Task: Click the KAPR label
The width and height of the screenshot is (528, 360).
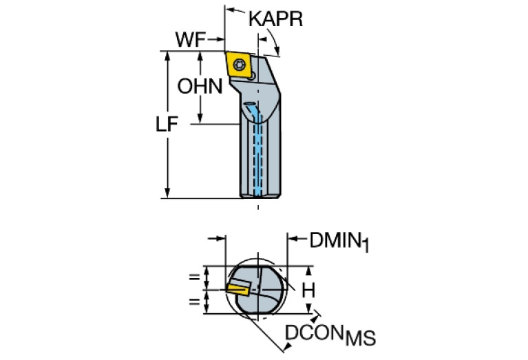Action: (x=275, y=19)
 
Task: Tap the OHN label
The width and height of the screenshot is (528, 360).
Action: (x=200, y=87)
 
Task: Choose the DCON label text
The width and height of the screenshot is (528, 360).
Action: (x=315, y=332)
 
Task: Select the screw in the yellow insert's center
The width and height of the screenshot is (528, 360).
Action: (x=239, y=64)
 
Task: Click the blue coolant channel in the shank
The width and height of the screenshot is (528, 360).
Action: (x=259, y=151)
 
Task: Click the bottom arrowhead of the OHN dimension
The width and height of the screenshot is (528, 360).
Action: (x=202, y=120)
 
